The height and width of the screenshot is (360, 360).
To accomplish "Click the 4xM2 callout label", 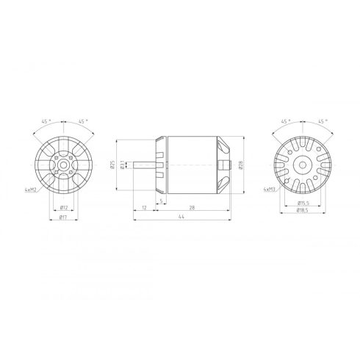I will pyautogui.click(x=32, y=190).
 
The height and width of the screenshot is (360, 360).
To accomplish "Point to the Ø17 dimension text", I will pyautogui.click(x=64, y=217).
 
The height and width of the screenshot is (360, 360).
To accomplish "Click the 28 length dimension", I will pyautogui.click(x=191, y=208).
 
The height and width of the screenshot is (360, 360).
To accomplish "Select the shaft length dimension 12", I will pyautogui.click(x=144, y=208).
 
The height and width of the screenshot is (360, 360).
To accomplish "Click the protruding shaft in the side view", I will pyautogui.click(x=147, y=165).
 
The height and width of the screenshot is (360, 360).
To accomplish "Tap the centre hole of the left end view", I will pyautogui.click(x=64, y=165).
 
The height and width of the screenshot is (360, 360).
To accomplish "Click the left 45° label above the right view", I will pyautogui.click(x=285, y=123).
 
